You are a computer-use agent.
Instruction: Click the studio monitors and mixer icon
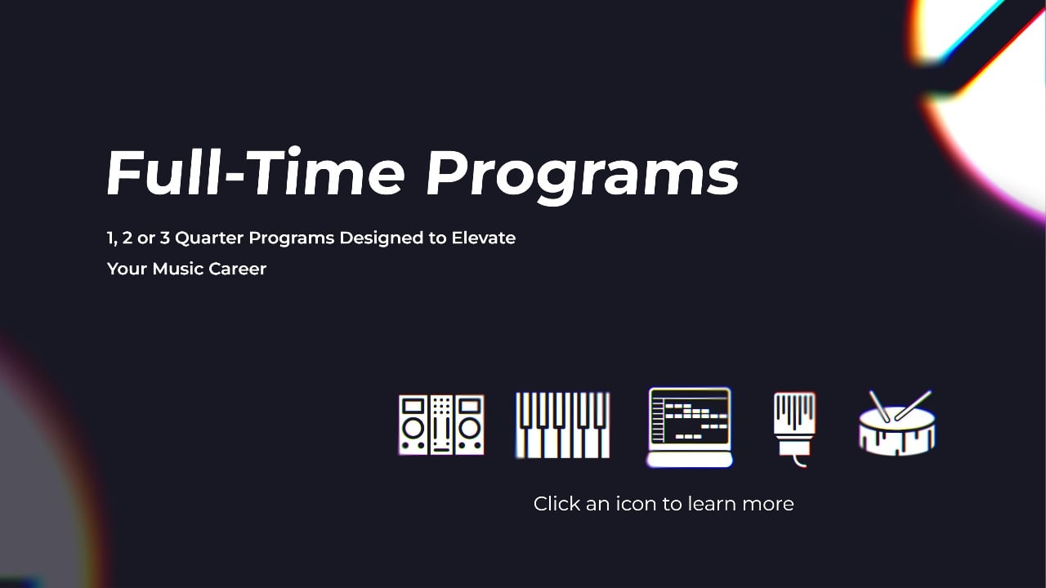coord(441,425)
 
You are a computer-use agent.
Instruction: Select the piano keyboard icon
coord(563,425)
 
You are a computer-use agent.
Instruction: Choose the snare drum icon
coord(897,425)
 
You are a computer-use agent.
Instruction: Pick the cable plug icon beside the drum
coord(794,426)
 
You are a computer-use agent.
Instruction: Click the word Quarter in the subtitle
coord(209,238)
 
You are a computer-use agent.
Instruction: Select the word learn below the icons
coord(712,504)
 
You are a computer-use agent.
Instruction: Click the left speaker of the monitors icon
coord(413,425)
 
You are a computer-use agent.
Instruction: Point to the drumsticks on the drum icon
coord(900,404)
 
